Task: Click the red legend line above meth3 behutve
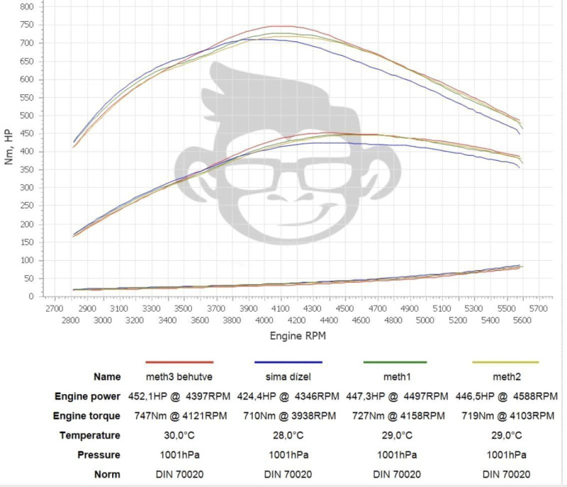click(x=179, y=362)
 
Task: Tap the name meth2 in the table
click(x=505, y=376)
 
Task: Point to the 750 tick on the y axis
click(x=26, y=24)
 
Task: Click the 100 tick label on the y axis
click(x=26, y=260)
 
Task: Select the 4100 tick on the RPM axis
click(x=280, y=310)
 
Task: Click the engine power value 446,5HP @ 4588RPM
click(x=505, y=396)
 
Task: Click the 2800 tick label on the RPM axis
click(x=70, y=321)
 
